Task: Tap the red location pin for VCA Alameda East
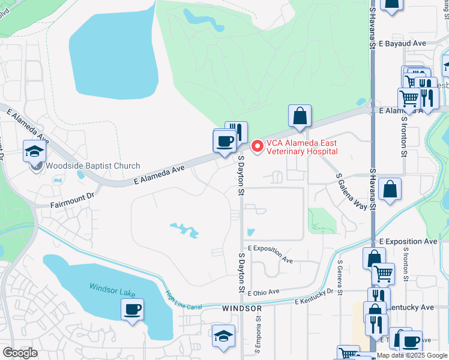[x=257, y=146]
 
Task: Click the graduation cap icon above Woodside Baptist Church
[x=35, y=151]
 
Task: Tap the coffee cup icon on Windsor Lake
[x=132, y=310]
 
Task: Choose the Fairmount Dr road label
[x=73, y=196]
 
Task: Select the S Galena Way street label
[x=351, y=190]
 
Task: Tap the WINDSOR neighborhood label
[x=242, y=308]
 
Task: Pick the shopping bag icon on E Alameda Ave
[x=300, y=116]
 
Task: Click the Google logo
[x=20, y=353]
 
